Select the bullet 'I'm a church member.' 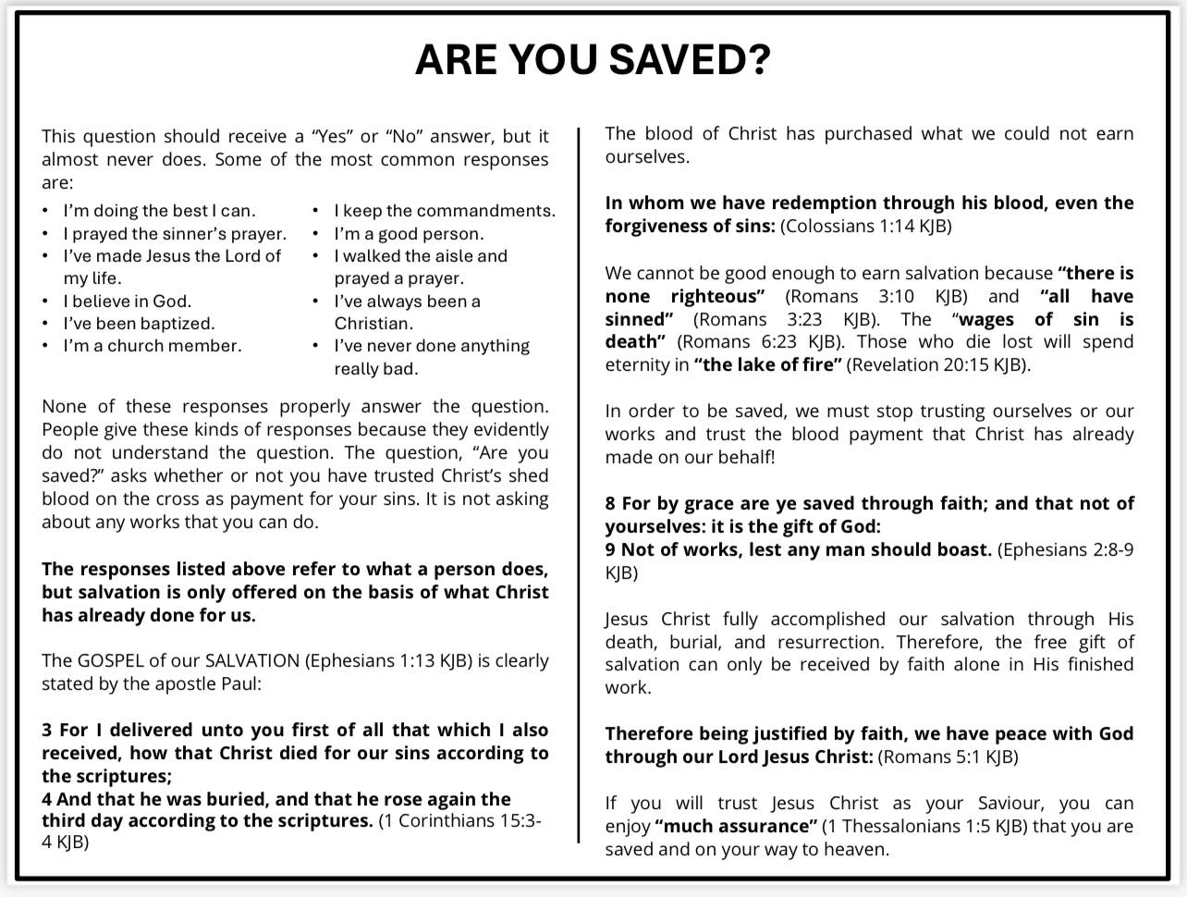pyautogui.click(x=153, y=346)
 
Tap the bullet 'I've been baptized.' pyautogui.click(x=139, y=324)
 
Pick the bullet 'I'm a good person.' pyautogui.click(x=409, y=234)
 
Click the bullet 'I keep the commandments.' pyautogui.click(x=445, y=211)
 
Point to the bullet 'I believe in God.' pyautogui.click(x=127, y=301)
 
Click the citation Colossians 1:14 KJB pyautogui.click(x=866, y=227)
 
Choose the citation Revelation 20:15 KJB pyautogui.click(x=937, y=364)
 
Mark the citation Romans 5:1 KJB pyautogui.click(x=948, y=757)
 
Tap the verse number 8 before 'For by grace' pyautogui.click(x=610, y=504)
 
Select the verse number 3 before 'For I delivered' pyautogui.click(x=46, y=731)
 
